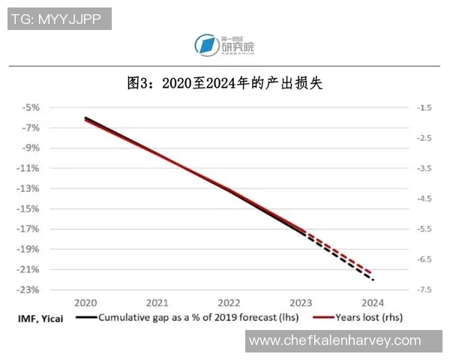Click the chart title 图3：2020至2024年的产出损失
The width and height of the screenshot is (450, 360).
coord(224,82)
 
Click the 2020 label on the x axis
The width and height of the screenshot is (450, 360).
coord(85,303)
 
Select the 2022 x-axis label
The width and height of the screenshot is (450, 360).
coord(229,303)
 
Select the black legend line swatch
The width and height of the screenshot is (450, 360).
coord(85,318)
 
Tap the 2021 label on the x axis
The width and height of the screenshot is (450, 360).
coord(157,303)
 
